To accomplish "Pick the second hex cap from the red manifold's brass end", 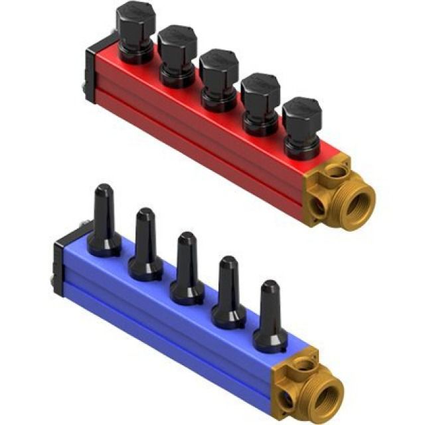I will pyautogui.click(x=261, y=97).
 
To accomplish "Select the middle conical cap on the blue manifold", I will pyautogui.click(x=187, y=266).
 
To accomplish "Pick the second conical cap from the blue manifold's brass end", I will pyautogui.click(x=228, y=290).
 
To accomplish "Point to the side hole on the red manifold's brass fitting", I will pyautogui.click(x=318, y=207).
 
